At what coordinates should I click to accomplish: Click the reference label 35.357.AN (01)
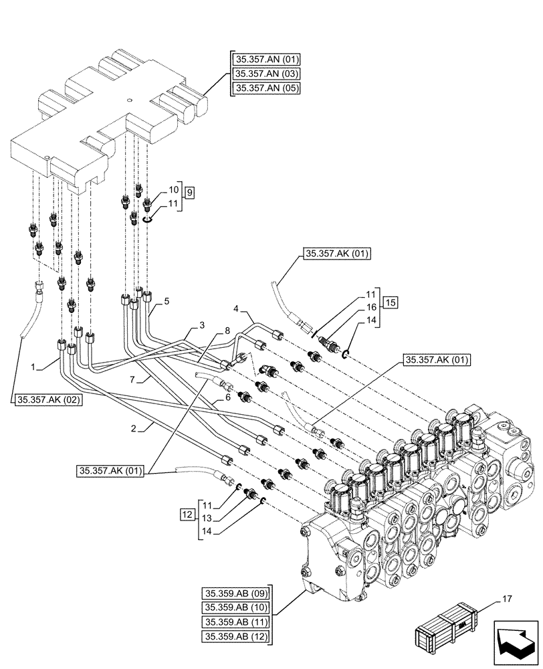(265, 59)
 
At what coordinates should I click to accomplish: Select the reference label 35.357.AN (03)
(265, 74)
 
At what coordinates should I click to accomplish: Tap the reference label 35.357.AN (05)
(265, 88)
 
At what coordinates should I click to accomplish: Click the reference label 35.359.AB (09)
(235, 593)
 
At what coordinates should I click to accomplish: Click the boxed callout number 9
(190, 193)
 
